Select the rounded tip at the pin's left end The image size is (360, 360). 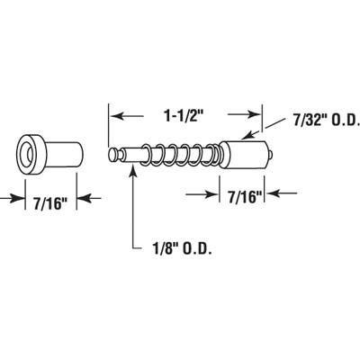113,155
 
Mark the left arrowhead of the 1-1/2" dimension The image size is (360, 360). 115,116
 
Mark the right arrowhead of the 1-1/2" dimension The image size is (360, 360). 255,116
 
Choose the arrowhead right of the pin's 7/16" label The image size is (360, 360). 276,193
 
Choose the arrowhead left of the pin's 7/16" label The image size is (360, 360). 214,193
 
